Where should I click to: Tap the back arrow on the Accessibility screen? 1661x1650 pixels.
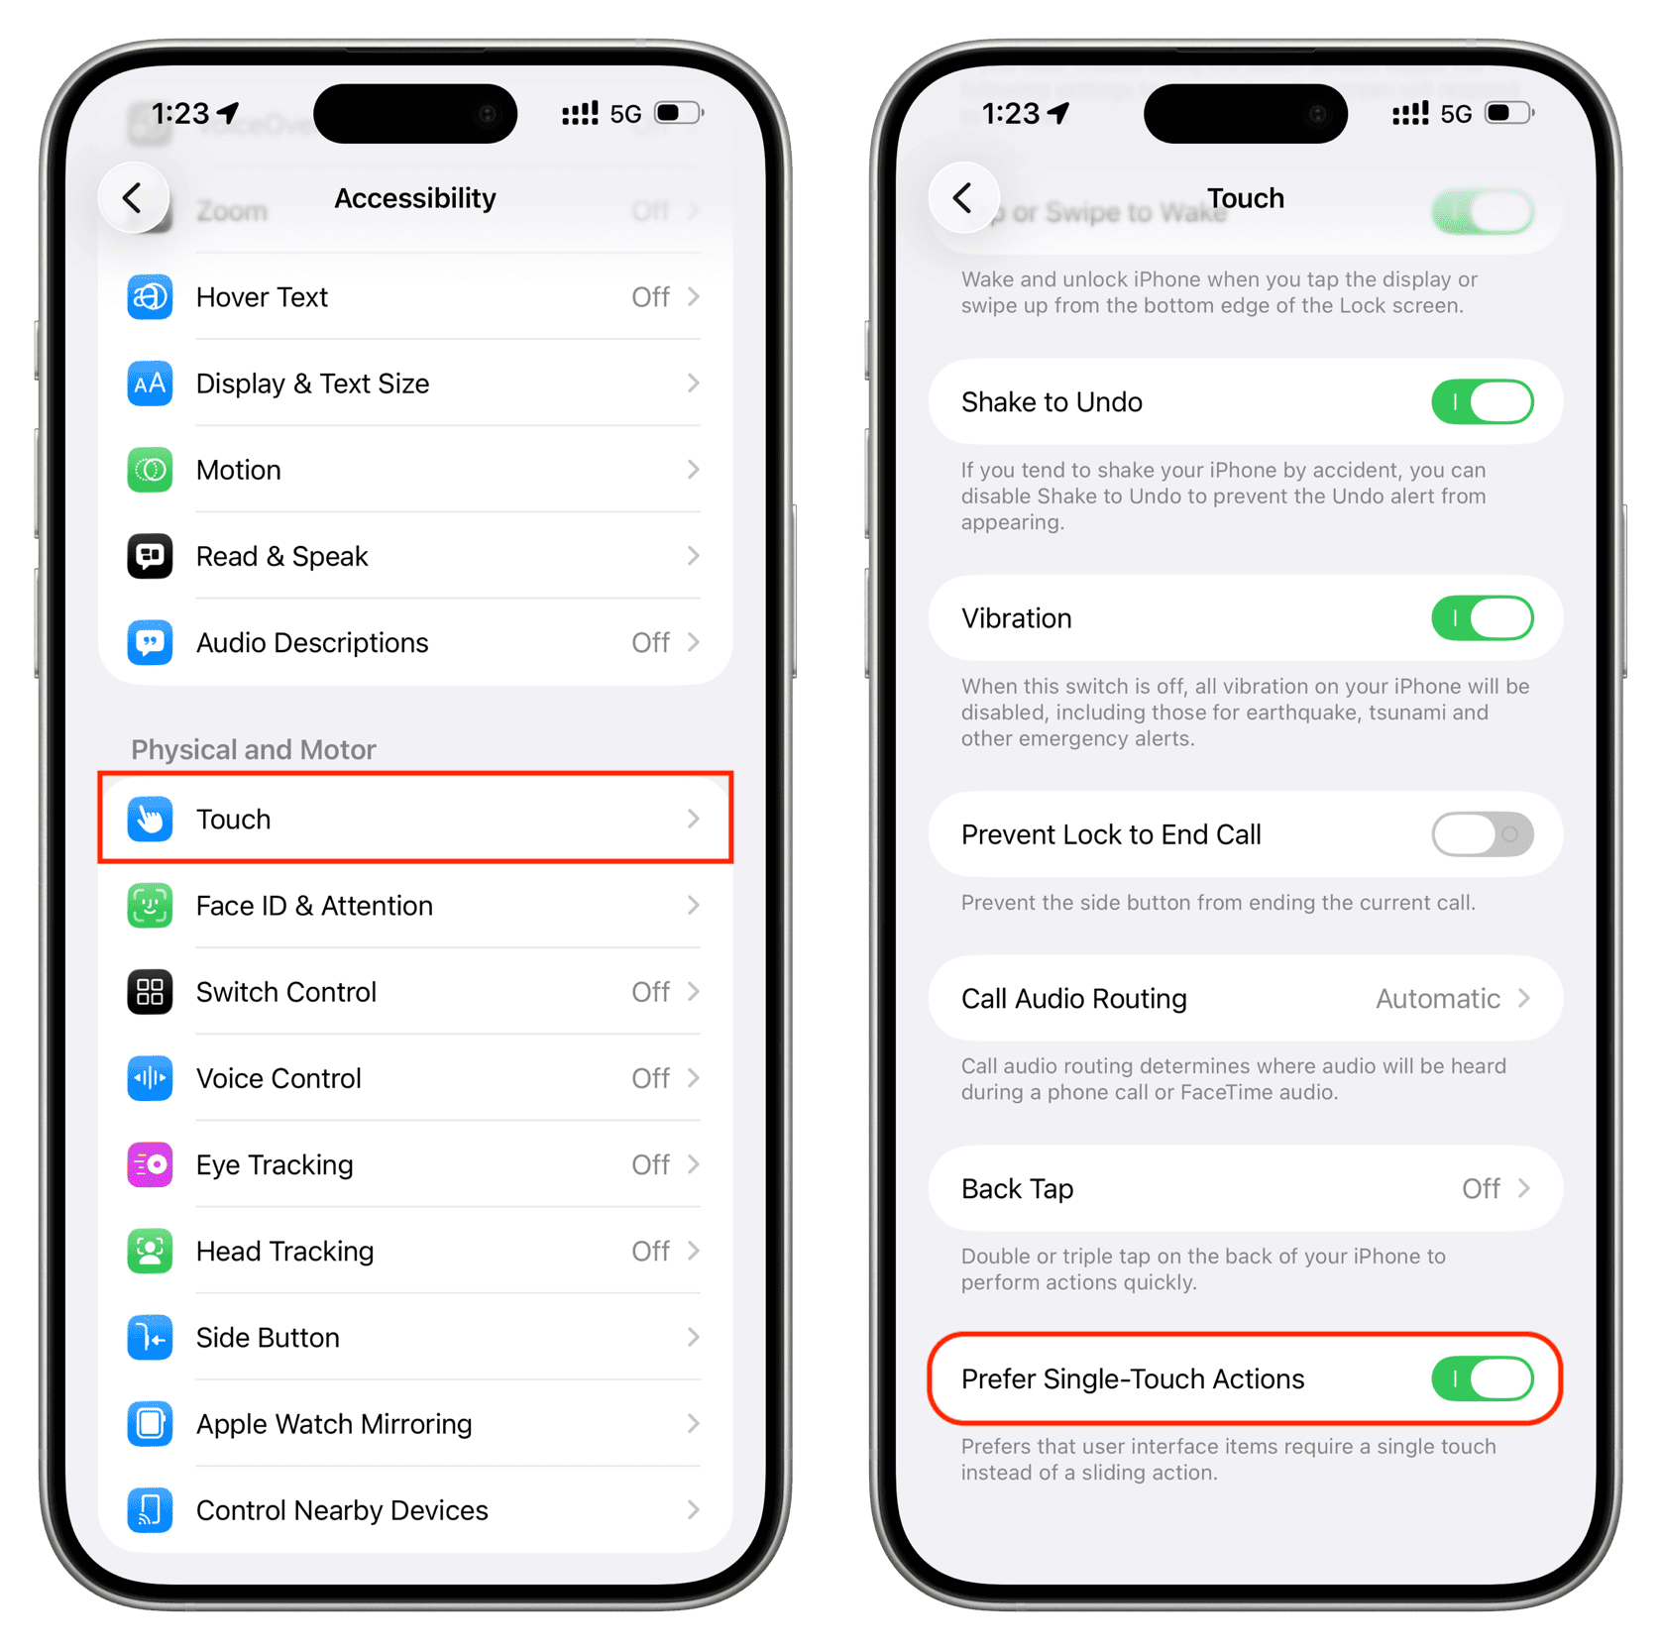[x=133, y=198]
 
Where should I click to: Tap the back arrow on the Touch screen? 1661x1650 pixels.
[x=962, y=198]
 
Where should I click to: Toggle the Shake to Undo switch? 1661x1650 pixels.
[x=1482, y=402]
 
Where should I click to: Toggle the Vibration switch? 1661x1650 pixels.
[x=1482, y=618]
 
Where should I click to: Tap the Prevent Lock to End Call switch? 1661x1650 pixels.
[x=1482, y=834]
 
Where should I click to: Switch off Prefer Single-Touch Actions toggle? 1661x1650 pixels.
[x=1482, y=1378]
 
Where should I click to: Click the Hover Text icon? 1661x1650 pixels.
[x=150, y=297]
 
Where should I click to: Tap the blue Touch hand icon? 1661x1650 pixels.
[x=150, y=820]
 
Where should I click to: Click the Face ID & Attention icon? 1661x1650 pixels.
[x=150, y=906]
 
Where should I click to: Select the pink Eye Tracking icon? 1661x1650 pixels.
[x=150, y=1164]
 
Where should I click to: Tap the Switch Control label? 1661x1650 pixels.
[x=286, y=992]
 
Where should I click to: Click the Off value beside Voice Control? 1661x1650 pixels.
[x=650, y=1078]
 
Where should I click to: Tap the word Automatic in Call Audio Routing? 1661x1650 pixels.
[x=1437, y=999]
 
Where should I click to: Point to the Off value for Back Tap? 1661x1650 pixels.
[x=1481, y=1188]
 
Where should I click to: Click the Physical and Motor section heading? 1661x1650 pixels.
[x=254, y=749]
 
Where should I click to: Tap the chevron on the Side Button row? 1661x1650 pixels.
[x=693, y=1338]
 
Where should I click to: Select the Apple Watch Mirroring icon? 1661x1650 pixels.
[x=150, y=1424]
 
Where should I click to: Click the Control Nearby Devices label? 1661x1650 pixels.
[x=342, y=1510]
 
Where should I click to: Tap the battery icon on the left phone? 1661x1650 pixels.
[x=679, y=113]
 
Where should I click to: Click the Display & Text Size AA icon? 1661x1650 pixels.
[x=150, y=384]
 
